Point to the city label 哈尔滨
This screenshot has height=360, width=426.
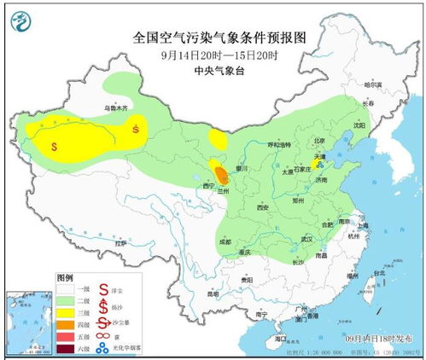pyautogui.click(x=375, y=85)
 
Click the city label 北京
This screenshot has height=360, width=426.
pyautogui.click(x=319, y=141)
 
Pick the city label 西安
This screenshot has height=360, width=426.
pyautogui.click(x=262, y=207)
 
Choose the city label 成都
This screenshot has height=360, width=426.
pyautogui.click(x=225, y=242)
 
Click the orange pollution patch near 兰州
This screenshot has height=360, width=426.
pyautogui.click(x=221, y=176)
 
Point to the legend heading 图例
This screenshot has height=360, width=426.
pyautogui.click(x=66, y=279)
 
